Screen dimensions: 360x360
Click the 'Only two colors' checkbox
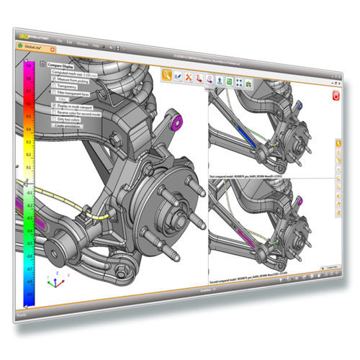(52, 118)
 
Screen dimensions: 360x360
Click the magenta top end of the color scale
(30, 67)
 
